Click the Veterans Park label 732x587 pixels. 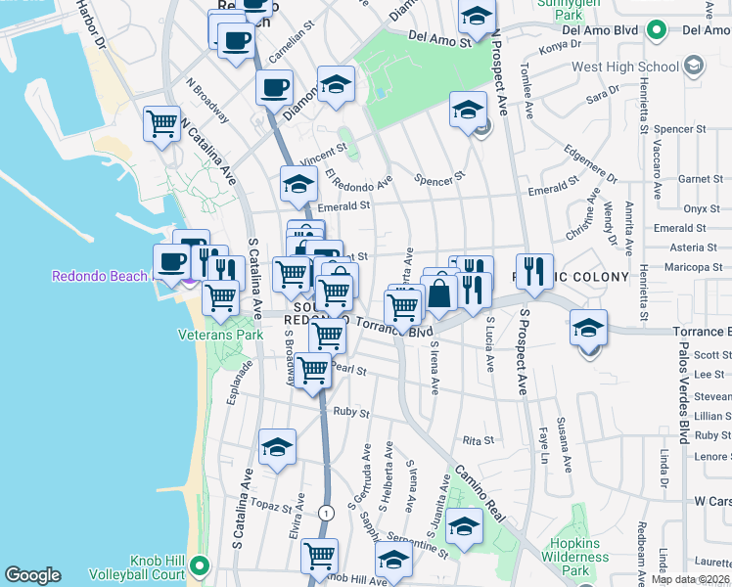tap(221, 335)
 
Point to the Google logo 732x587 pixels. tap(32, 575)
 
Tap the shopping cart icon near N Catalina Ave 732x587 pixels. tap(161, 124)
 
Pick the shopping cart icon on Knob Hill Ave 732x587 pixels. tap(319, 557)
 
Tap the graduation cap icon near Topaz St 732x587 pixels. tap(277, 447)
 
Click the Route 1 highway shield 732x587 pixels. tap(326, 513)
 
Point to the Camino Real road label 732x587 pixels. tap(479, 485)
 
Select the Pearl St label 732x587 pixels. tap(348, 370)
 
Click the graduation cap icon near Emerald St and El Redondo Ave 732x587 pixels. tap(298, 184)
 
